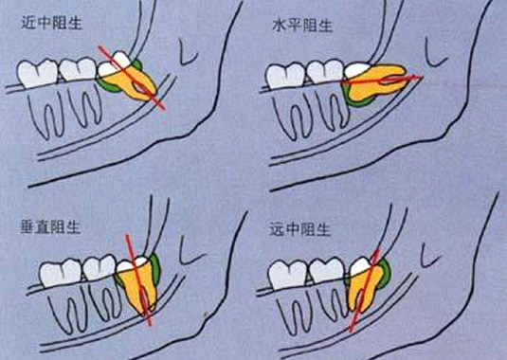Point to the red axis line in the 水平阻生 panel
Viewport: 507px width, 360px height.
(379, 82)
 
